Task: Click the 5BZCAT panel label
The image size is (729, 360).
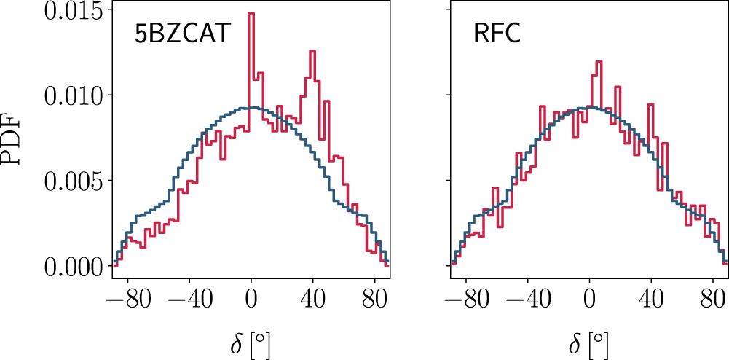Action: pyautogui.click(x=182, y=34)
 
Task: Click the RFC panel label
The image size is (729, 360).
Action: pyautogui.click(x=497, y=34)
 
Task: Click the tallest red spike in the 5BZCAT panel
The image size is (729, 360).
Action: pyautogui.click(x=251, y=15)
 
